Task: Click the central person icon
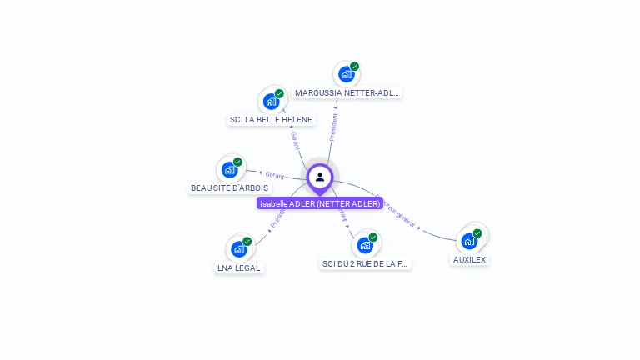[x=320, y=177]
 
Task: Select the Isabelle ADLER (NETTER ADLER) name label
[x=320, y=203]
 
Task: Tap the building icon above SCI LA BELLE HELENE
[x=271, y=102]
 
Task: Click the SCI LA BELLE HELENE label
[x=271, y=120]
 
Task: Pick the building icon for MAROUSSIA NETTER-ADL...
[x=346, y=75]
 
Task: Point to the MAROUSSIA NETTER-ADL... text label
[x=347, y=93]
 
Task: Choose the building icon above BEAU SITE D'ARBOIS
[x=229, y=170]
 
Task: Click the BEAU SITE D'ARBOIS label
[x=230, y=188]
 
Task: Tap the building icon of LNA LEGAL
[x=238, y=249]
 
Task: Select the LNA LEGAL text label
[x=239, y=268]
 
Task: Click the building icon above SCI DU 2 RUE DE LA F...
[x=364, y=246]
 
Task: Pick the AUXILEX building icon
[x=469, y=242]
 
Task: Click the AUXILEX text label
[x=470, y=260]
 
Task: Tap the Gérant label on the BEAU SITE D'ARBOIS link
[x=274, y=175]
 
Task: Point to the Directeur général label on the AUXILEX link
[x=396, y=212]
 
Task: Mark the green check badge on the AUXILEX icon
[x=477, y=233]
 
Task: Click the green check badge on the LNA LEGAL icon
[x=247, y=242]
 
